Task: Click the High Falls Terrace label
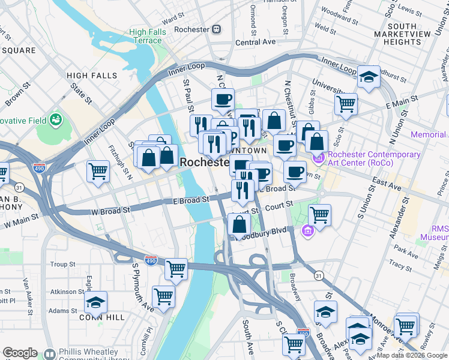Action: [x=146, y=36]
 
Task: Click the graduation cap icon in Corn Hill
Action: [x=95, y=301]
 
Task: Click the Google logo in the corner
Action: [x=20, y=353]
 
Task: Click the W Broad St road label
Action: [x=110, y=211]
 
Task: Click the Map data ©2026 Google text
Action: [x=411, y=355]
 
